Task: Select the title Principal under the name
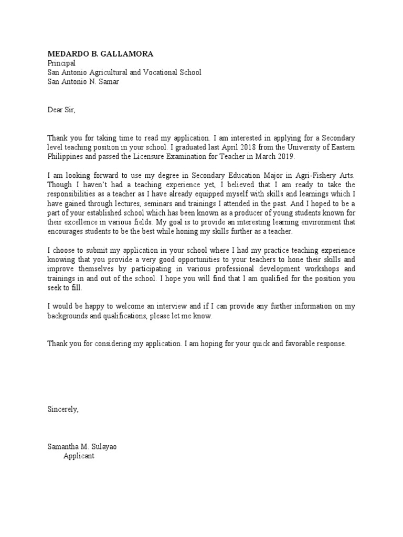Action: pyautogui.click(x=61, y=63)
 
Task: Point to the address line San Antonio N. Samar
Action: pyautogui.click(x=83, y=82)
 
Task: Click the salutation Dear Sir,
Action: pyautogui.click(x=61, y=110)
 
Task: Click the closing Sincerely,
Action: pyautogui.click(x=63, y=410)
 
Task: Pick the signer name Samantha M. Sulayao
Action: pyautogui.click(x=86, y=447)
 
